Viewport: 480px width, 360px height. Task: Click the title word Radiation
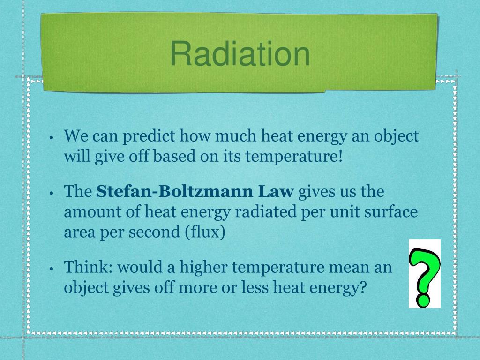pos(240,53)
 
